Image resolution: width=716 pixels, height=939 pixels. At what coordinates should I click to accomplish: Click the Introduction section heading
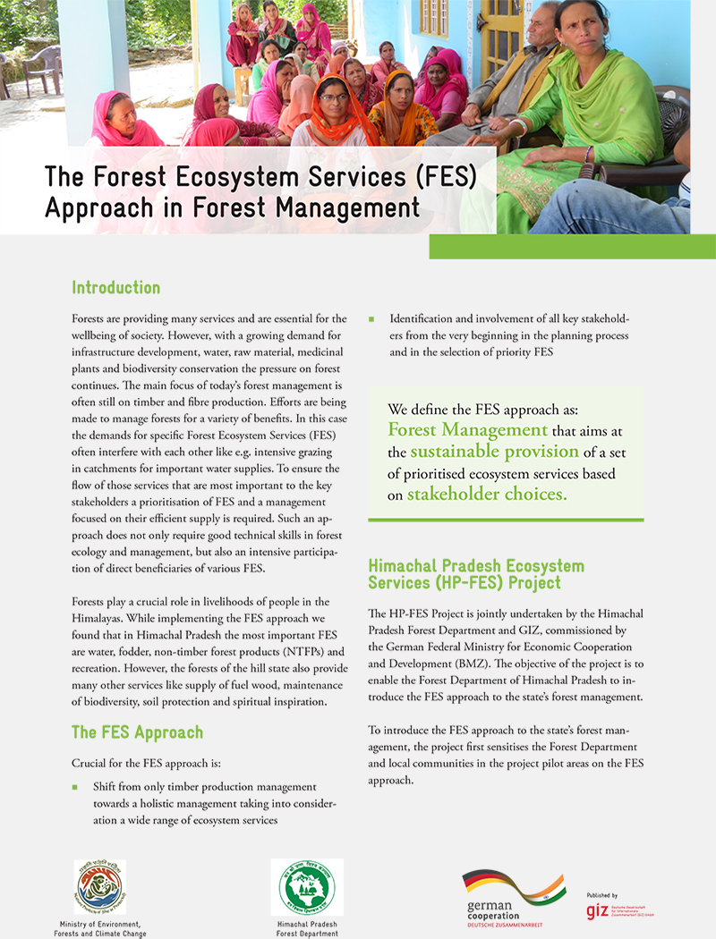[x=116, y=288]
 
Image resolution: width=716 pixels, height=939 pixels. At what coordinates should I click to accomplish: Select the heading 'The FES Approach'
[x=137, y=732]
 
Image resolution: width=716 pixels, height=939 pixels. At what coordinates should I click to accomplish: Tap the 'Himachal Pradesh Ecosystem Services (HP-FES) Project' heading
[x=476, y=574]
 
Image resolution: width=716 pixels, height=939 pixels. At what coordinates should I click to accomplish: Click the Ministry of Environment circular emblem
[x=99, y=887]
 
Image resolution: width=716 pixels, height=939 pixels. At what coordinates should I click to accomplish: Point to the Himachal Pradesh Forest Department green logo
[x=306, y=887]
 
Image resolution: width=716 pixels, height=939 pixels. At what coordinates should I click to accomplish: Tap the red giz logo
[x=597, y=911]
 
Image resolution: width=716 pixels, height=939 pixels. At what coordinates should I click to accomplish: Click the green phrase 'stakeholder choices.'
[x=487, y=493]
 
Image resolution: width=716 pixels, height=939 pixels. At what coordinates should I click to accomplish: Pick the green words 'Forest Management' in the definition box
[x=467, y=429]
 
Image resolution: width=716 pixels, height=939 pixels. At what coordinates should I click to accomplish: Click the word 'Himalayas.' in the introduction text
[x=99, y=617]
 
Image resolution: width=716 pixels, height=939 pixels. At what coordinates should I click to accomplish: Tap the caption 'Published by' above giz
[x=602, y=894]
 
